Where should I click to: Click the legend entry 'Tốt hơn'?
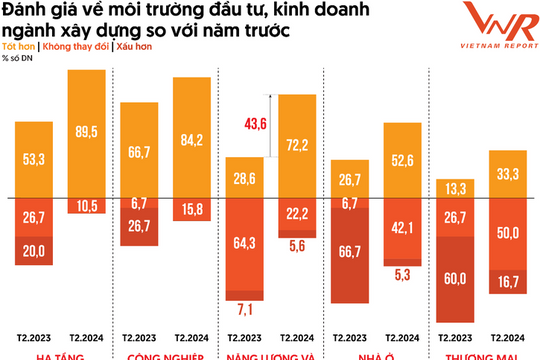[x=16, y=47]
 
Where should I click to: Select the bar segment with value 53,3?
[x=33, y=158]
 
